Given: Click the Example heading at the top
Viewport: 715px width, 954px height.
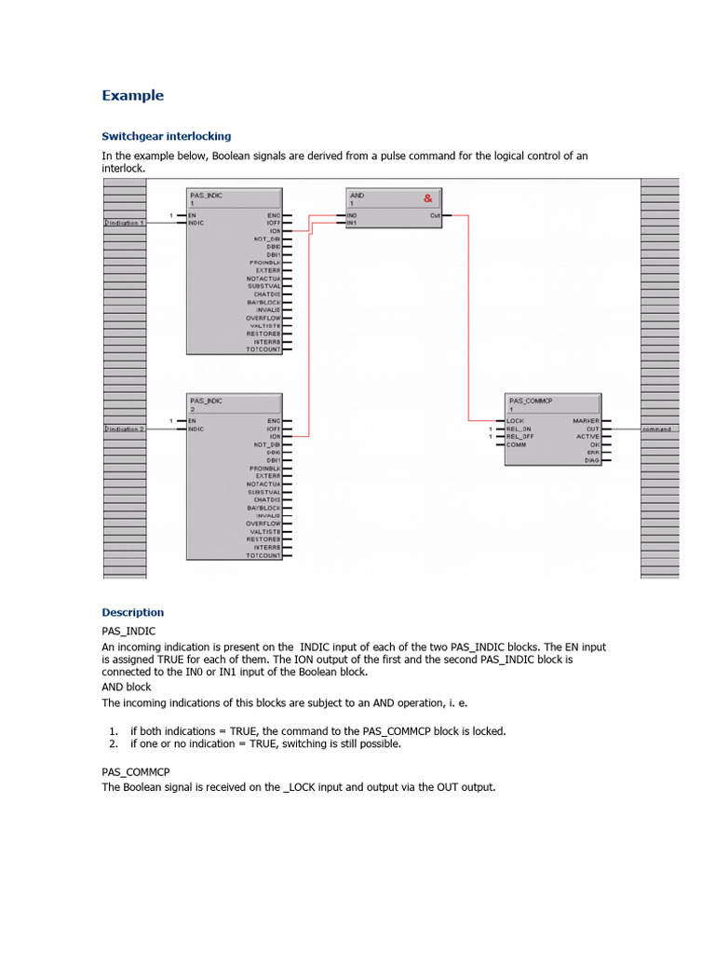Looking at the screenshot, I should tap(132, 95).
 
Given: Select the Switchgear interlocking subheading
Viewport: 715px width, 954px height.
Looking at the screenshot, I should tap(166, 136).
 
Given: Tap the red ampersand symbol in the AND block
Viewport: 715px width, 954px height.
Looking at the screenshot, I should tap(427, 198).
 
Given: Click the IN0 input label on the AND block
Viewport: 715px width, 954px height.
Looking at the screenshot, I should tap(352, 215).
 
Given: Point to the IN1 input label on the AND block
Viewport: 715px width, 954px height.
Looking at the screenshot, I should tap(352, 224).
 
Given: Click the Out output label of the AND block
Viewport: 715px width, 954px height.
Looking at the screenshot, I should tap(435, 215).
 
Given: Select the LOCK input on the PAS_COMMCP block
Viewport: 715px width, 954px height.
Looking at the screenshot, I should tap(515, 421).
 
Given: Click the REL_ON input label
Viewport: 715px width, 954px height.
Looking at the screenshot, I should tap(519, 429).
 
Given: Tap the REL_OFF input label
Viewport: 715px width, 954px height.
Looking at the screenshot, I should tap(520, 437).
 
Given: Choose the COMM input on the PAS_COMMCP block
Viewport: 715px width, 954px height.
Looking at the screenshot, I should tap(516, 444).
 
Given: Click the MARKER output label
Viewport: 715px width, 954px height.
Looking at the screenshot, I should tap(586, 421).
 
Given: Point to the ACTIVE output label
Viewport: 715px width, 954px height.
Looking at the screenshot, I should tap(587, 437).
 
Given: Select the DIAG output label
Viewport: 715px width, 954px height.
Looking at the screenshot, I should tap(591, 460).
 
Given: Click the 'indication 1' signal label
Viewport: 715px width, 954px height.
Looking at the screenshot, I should tap(125, 224).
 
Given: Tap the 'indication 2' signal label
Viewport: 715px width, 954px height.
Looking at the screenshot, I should tap(125, 429).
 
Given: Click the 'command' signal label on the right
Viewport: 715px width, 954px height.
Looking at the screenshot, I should tap(656, 429).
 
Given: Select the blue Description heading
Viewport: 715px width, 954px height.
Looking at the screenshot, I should tap(132, 612).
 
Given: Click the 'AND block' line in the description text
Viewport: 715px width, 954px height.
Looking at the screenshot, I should tap(126, 687).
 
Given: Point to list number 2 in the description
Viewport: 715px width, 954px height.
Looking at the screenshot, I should tap(113, 744).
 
